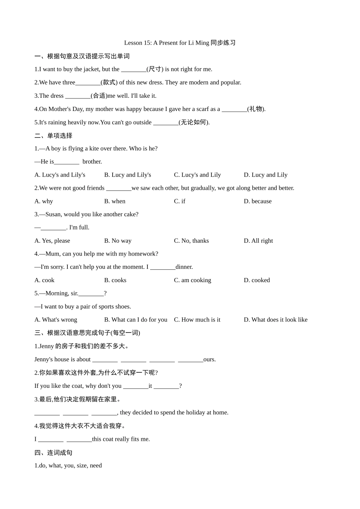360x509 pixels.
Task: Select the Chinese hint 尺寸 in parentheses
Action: (155, 69)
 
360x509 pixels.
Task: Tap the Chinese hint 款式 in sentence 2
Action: (109, 83)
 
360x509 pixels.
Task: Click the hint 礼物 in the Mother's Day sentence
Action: (256, 109)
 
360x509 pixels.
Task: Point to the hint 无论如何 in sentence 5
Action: (194, 122)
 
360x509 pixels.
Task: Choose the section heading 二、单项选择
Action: (53, 136)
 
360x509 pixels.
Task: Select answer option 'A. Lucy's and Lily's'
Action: (60, 175)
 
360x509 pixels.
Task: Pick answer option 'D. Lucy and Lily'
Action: (266, 175)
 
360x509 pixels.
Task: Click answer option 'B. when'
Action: (115, 201)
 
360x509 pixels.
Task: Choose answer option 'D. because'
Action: (258, 201)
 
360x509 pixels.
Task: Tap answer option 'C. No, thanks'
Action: (191, 241)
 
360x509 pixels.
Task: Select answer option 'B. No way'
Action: (118, 241)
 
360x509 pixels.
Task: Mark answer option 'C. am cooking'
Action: (193, 280)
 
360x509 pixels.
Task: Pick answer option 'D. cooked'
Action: (257, 280)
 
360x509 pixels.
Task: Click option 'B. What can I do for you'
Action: (136, 320)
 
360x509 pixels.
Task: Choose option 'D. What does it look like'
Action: (275, 320)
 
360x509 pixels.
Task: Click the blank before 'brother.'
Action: (67, 162)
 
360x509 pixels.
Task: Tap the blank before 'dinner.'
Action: (163, 267)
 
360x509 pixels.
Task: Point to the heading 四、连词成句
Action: (53, 453)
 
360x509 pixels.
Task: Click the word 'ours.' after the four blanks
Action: (210, 359)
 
